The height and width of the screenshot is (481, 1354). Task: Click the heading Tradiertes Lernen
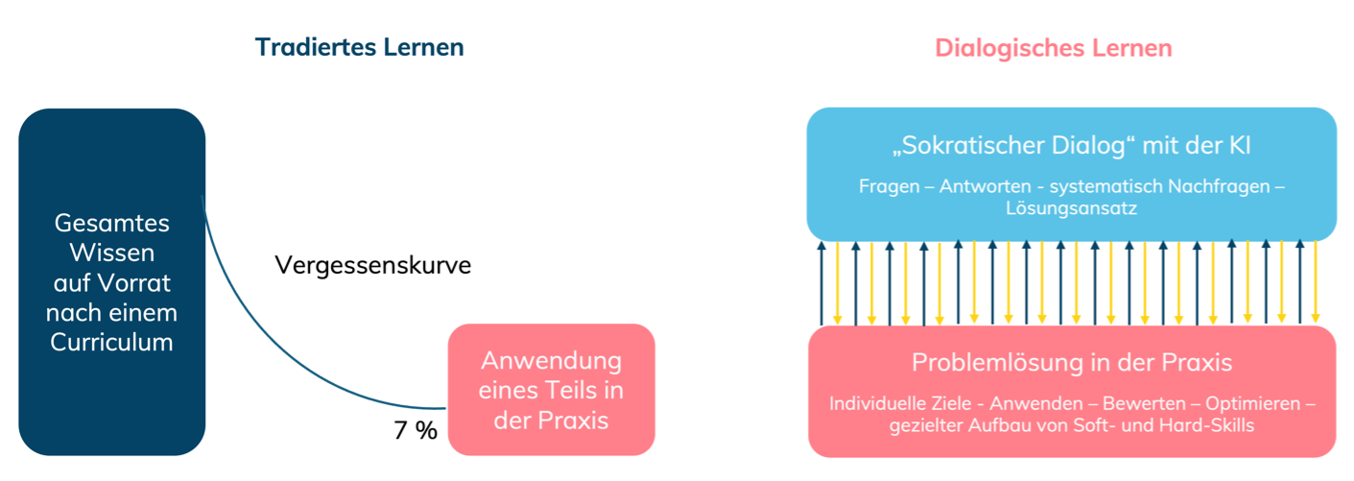click(359, 47)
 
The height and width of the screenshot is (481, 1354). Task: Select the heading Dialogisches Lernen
click(1053, 47)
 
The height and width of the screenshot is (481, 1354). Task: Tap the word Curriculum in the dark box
click(111, 341)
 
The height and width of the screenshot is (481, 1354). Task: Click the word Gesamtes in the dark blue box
click(111, 223)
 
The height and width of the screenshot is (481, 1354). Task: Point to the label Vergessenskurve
click(372, 266)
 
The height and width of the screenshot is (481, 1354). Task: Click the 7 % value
click(416, 430)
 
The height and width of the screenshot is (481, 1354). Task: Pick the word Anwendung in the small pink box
click(551, 361)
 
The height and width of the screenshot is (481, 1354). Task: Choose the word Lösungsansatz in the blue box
click(1071, 207)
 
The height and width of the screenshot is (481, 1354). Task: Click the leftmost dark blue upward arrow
click(821, 283)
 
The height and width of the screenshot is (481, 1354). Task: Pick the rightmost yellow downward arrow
click(1316, 283)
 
